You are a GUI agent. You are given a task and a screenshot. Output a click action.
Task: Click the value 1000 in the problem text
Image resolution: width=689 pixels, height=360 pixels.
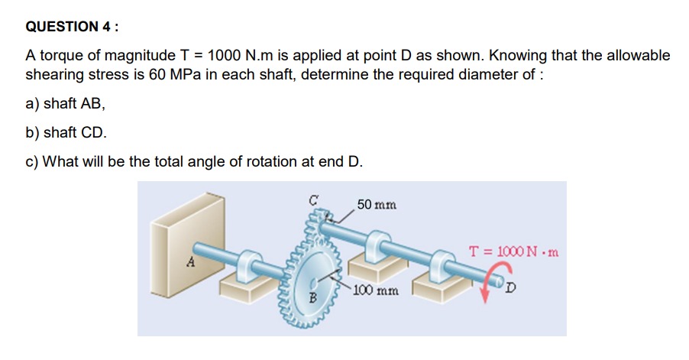point(224,55)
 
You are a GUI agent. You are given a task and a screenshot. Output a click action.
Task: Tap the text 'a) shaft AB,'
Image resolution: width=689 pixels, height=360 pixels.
point(66,104)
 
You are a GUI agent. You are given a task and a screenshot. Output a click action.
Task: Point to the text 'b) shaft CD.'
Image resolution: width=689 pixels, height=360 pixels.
point(66,132)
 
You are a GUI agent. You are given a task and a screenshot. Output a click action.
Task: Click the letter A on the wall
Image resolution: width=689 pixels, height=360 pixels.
point(190,262)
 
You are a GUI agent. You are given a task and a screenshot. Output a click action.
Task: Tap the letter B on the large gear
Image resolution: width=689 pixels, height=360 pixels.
point(313,298)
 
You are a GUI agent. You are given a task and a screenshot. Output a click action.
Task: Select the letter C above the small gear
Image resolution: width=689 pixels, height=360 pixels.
point(313,200)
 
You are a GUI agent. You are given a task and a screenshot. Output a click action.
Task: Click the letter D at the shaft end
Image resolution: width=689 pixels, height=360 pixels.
point(510,288)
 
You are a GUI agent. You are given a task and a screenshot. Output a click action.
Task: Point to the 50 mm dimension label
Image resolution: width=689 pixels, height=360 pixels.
point(377,205)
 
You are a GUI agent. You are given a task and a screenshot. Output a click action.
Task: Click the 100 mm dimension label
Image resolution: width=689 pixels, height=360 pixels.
point(376,290)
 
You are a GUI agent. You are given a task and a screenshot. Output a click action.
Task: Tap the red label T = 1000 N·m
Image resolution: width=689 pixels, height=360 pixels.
point(513,252)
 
